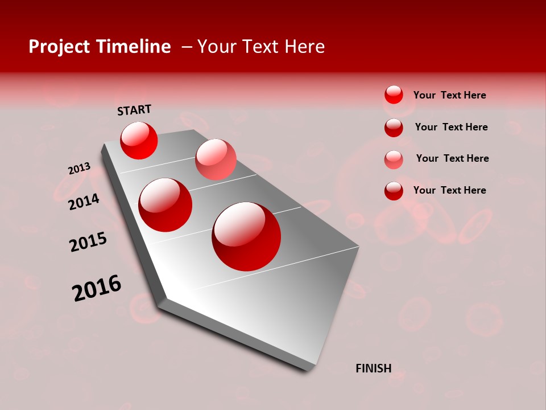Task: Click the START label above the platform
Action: point(134,110)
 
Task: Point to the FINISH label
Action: point(373,368)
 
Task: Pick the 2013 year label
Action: point(79,169)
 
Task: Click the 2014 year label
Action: point(84,202)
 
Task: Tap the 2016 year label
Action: point(97,288)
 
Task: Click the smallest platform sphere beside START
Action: point(139,140)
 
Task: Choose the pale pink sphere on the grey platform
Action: point(216,159)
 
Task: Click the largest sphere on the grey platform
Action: point(246,236)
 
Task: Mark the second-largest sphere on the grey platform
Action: point(166,205)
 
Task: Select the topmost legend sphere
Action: point(394,95)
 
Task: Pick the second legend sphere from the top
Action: point(394,128)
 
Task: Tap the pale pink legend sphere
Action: point(394,159)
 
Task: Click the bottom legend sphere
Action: point(394,191)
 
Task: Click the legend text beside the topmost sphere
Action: point(449,95)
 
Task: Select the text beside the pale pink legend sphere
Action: point(452,158)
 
